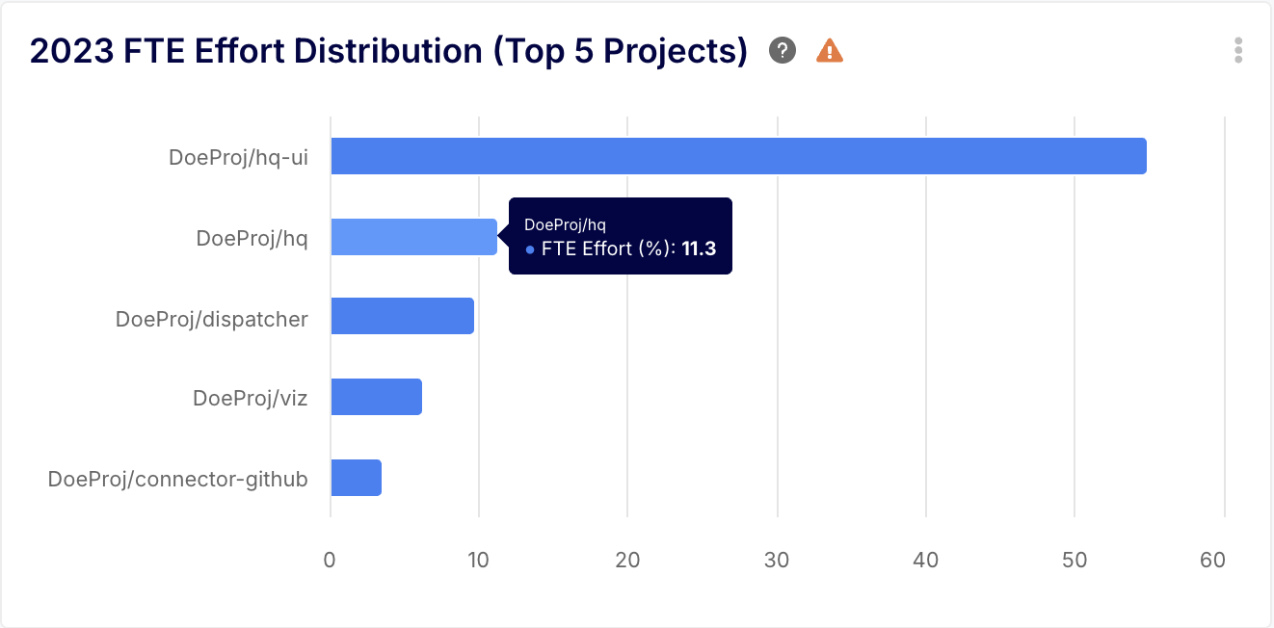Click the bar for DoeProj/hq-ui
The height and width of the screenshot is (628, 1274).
(x=738, y=156)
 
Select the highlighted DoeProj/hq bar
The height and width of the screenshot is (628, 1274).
(x=413, y=237)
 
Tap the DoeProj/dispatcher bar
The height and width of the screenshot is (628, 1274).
(x=402, y=316)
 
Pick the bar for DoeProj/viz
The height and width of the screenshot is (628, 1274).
(x=376, y=397)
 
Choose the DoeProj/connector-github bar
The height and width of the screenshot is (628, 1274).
(x=356, y=478)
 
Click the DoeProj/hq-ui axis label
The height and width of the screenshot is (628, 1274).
(x=238, y=157)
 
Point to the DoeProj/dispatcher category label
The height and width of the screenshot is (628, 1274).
(x=211, y=318)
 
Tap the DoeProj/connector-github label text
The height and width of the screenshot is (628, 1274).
(x=177, y=479)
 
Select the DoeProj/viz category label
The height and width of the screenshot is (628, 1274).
(x=250, y=398)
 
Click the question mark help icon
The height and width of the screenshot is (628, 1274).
(x=783, y=50)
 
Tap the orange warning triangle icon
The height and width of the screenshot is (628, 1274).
(x=830, y=50)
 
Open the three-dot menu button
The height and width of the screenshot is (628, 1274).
(x=1238, y=50)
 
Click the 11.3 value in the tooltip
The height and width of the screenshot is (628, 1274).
(x=699, y=249)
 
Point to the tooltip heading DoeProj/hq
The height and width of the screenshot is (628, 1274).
(x=565, y=224)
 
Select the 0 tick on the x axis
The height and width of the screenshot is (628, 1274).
(x=330, y=560)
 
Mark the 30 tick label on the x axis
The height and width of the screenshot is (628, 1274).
(x=777, y=560)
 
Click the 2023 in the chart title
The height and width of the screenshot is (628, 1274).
(x=72, y=50)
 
